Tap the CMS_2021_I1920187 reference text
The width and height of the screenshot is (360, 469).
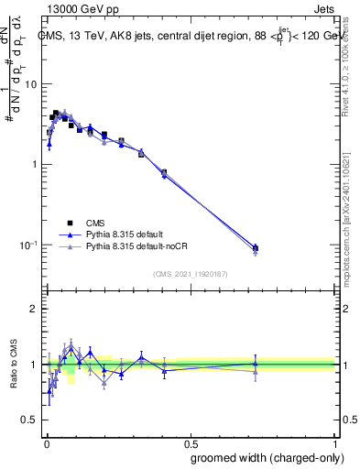[x=191, y=273]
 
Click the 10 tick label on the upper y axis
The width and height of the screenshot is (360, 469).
[x=31, y=84]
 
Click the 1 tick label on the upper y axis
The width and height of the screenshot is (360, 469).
[x=34, y=165]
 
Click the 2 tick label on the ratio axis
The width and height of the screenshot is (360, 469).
[x=34, y=309]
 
